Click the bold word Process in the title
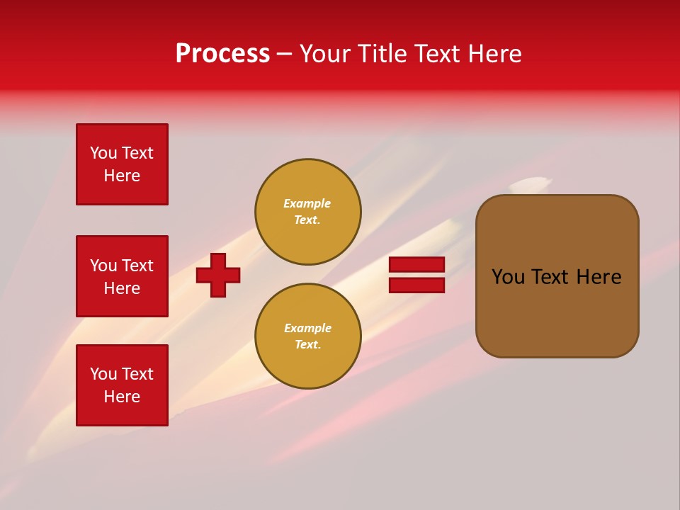coord(222,54)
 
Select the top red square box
coord(122,164)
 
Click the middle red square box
coord(122,276)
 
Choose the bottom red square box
coord(122,385)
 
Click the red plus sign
coord(218,275)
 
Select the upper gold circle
coord(308,212)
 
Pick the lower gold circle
coord(308,336)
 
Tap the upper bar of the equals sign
coord(416,264)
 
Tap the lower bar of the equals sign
coord(416,285)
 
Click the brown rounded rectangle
coord(557,312)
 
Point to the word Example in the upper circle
coord(307,203)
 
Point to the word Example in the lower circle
coord(307,328)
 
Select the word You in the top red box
coord(103,153)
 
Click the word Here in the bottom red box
coord(122,397)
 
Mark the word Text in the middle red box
coord(138,266)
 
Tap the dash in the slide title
coord(284,54)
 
